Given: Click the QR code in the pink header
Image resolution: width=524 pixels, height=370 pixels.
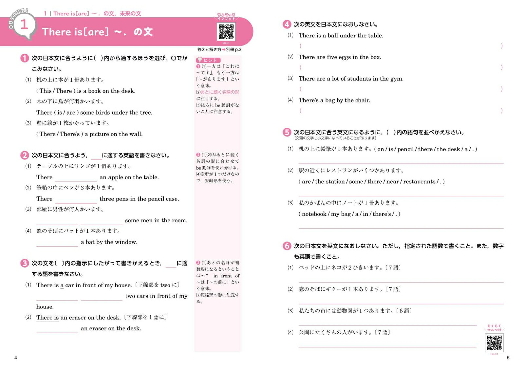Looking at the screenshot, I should click(x=226, y=32).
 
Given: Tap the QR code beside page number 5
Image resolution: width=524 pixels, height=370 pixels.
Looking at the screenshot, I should click(x=494, y=343).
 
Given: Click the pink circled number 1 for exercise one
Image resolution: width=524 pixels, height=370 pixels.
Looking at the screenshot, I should click(x=25, y=58).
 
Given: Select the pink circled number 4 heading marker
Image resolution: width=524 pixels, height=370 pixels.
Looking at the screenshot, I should click(x=287, y=24).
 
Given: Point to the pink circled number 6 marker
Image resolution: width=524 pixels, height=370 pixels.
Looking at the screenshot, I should click(x=287, y=246).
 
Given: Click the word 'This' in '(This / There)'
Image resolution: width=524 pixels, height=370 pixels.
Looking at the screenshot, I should click(x=46, y=91).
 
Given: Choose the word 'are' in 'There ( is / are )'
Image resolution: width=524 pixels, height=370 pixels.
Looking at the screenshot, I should click(x=71, y=113).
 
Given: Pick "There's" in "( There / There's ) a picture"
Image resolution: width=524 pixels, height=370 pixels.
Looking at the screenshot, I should click(x=70, y=134).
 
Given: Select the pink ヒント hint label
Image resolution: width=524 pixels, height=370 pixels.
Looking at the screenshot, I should click(x=208, y=60).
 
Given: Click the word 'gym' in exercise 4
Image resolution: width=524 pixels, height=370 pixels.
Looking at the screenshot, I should click(x=396, y=79).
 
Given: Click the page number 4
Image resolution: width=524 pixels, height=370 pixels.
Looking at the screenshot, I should click(x=16, y=358).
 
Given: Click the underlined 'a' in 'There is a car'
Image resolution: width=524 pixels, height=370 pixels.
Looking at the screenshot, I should click(x=62, y=285).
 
